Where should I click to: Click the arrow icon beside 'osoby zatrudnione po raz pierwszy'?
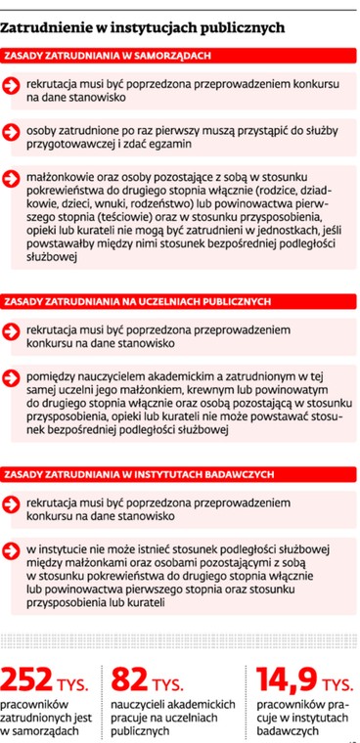14,131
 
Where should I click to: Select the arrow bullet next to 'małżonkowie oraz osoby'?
14,177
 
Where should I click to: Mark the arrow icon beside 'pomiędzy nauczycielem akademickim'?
14,375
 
